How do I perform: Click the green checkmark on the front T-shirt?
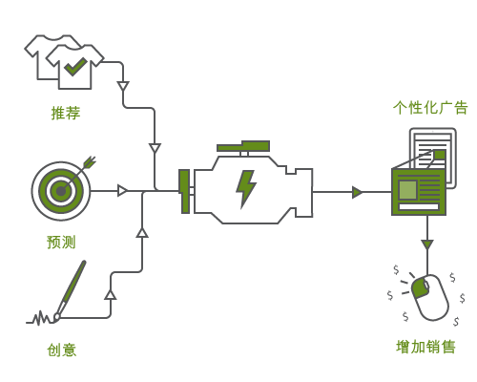(75, 66)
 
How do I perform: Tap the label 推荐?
(66, 113)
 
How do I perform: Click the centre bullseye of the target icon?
(60, 191)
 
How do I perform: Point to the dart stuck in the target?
(86, 164)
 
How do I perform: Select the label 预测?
(61, 243)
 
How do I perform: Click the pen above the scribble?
(72, 286)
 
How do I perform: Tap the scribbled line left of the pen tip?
(41, 317)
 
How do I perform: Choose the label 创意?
(61, 350)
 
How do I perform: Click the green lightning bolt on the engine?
(246, 188)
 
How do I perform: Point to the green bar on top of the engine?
(244, 147)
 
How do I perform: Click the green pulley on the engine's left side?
(184, 191)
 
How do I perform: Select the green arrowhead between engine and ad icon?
(357, 192)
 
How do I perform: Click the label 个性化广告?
(430, 107)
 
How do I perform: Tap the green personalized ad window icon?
(418, 191)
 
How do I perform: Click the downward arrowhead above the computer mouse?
(426, 245)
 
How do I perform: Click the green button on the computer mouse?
(420, 286)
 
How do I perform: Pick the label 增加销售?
(425, 346)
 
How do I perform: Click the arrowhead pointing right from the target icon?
(122, 191)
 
